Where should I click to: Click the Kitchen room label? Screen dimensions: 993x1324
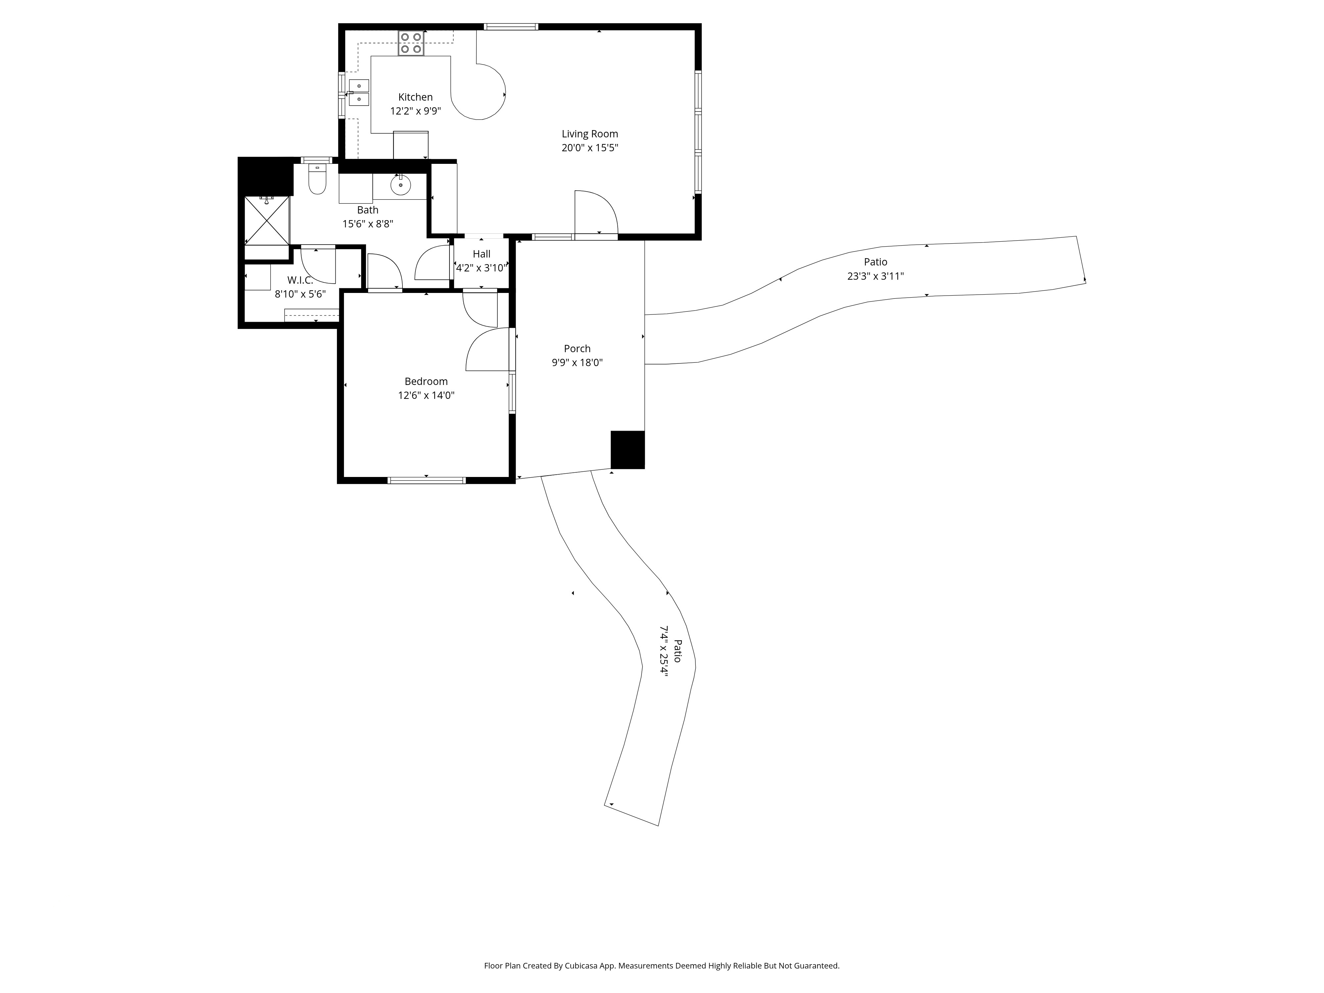pyautogui.click(x=415, y=97)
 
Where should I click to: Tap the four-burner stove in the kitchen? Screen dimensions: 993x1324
pyautogui.click(x=411, y=43)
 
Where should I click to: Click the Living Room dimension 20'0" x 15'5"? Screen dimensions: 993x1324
pyautogui.click(x=590, y=148)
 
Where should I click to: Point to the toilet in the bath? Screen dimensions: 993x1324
pyautogui.click(x=317, y=179)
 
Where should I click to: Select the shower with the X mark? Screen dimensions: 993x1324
pyautogui.click(x=267, y=220)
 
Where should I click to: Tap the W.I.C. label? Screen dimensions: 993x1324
pyautogui.click(x=300, y=280)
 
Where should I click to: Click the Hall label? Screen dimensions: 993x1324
pyautogui.click(x=481, y=254)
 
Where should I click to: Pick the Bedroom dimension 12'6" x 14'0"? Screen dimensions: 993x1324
pyautogui.click(x=426, y=395)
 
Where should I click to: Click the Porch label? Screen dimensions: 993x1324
pyautogui.click(x=577, y=348)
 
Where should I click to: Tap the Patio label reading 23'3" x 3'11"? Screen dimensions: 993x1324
pyautogui.click(x=875, y=276)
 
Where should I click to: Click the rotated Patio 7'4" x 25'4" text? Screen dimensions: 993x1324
pyautogui.click(x=670, y=650)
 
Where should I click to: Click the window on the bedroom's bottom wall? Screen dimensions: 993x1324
pyautogui.click(x=427, y=480)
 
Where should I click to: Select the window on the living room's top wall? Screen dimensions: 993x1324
pyautogui.click(x=510, y=26)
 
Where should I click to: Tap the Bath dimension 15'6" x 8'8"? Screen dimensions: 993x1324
pyautogui.click(x=367, y=224)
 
